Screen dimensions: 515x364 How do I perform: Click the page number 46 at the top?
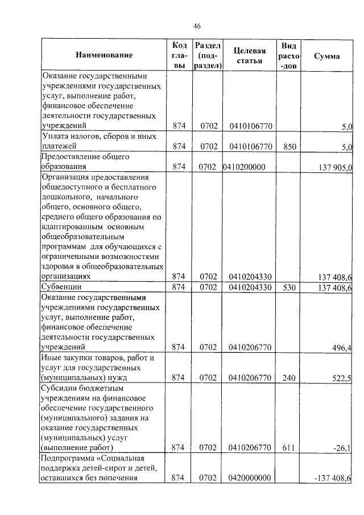197,26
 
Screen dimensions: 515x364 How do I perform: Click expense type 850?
289,146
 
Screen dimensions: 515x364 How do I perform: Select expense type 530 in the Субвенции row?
289,287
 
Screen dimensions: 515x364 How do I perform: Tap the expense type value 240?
289,378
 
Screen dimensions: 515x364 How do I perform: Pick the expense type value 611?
289,448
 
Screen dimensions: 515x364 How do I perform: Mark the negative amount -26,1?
345,448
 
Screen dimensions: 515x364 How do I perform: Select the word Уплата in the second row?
56,137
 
